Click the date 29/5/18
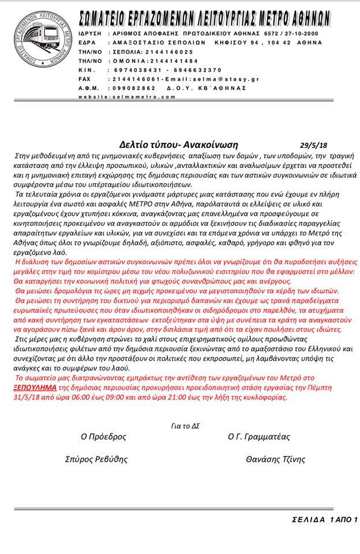point(314,145)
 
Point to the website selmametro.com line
point(127,96)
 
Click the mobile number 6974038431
point(134,69)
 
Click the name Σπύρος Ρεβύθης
point(96,459)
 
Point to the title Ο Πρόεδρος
point(103,437)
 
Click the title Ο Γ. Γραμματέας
point(259,437)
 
